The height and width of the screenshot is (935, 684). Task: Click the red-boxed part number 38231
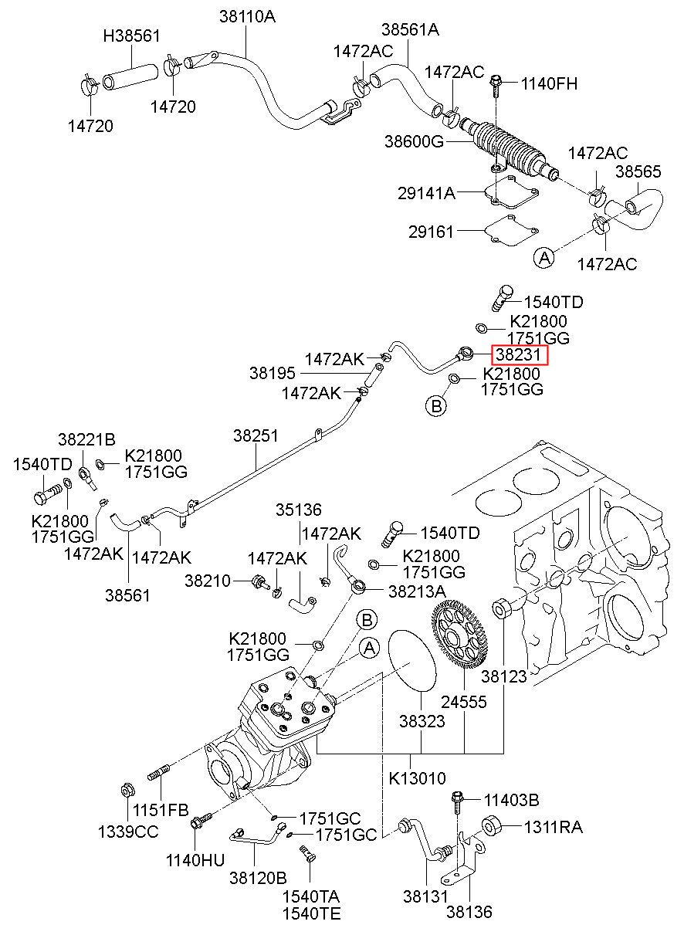click(517, 355)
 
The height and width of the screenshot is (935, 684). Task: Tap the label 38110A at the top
click(248, 17)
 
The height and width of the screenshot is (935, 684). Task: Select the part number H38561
click(131, 36)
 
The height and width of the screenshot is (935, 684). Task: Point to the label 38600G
click(414, 141)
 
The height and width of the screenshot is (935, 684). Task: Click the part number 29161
click(431, 232)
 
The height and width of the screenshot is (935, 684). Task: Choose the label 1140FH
click(549, 84)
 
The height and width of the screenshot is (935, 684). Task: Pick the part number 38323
click(422, 721)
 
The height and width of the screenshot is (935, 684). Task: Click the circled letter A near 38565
click(544, 258)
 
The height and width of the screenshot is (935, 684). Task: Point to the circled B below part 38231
click(436, 405)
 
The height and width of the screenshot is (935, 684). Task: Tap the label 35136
click(299, 510)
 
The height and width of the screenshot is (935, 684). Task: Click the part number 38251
click(256, 435)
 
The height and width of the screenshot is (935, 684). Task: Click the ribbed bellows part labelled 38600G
click(509, 147)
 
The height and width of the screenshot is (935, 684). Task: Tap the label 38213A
click(417, 591)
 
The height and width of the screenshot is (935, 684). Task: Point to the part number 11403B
click(511, 800)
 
